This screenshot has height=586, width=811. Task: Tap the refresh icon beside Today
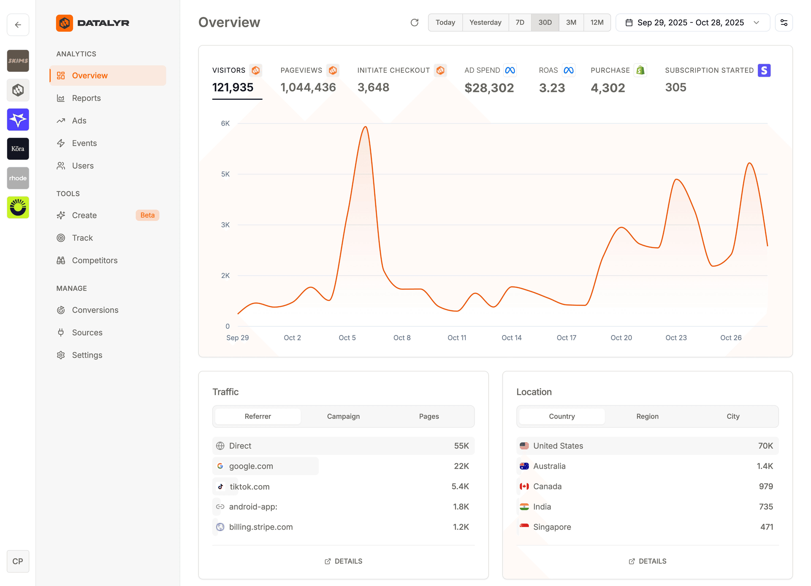[x=414, y=23]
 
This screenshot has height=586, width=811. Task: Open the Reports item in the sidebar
[x=86, y=98]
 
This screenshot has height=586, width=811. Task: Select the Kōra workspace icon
[x=18, y=149]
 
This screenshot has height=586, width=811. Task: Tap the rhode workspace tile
[x=18, y=178]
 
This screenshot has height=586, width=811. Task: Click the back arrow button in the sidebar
[x=18, y=25]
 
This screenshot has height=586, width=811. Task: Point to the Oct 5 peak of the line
[x=365, y=127]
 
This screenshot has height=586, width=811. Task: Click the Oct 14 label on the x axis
[x=511, y=338]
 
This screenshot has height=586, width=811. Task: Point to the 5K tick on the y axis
[x=225, y=174]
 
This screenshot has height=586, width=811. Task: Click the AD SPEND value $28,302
[x=489, y=88]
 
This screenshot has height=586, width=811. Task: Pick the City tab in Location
[x=733, y=416]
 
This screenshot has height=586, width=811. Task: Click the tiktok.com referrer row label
[x=250, y=487]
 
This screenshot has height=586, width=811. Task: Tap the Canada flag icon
[x=524, y=487]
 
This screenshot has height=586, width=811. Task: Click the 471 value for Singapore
[x=766, y=527]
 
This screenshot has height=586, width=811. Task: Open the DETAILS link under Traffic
[x=343, y=561]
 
